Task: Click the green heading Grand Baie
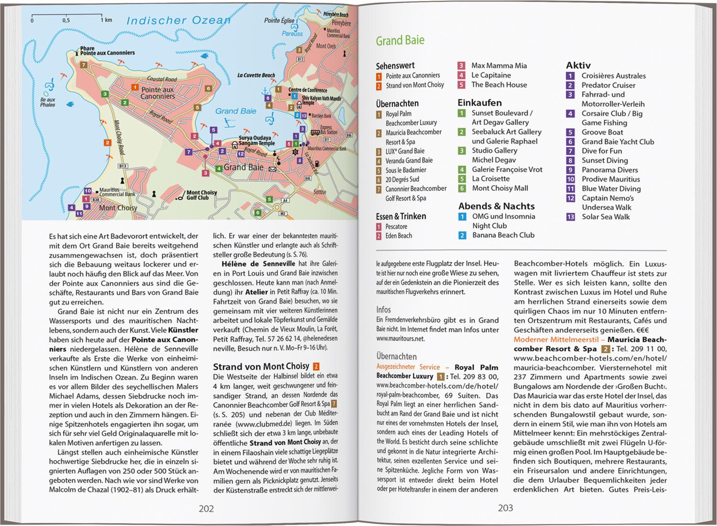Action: point(400,41)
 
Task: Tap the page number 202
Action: point(206,508)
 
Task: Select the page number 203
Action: point(505,508)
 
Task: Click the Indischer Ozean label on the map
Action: point(178,21)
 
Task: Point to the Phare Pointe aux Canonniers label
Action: point(107,51)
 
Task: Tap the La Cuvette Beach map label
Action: point(256,75)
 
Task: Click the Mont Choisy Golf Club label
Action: point(201,195)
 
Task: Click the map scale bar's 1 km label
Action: point(106,21)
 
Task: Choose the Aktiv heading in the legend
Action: point(578,65)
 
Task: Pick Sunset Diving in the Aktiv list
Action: point(604,160)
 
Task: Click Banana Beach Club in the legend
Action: point(503,235)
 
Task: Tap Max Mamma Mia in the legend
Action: point(499,66)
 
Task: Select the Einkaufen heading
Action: point(479,102)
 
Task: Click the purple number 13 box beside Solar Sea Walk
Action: point(570,217)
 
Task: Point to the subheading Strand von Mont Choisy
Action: point(261,367)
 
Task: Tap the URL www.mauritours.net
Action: point(400,339)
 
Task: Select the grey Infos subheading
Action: point(383,310)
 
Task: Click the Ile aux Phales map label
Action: point(48,102)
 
